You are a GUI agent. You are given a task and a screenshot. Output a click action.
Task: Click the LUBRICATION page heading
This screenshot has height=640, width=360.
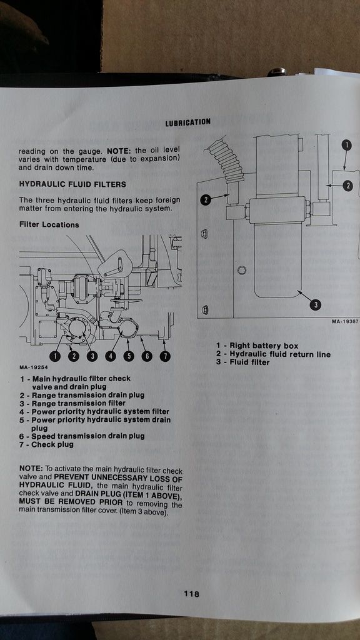click(x=187, y=122)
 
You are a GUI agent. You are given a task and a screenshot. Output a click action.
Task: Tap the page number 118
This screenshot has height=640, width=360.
click(x=191, y=594)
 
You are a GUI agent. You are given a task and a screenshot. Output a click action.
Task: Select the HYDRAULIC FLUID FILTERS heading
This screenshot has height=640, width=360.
click(x=72, y=184)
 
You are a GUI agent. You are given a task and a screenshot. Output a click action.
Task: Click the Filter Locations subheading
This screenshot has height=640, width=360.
click(x=49, y=224)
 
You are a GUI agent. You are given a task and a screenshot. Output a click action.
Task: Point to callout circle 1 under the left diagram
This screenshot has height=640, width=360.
click(x=55, y=356)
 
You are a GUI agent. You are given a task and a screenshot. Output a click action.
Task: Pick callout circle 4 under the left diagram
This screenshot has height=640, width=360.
click(x=111, y=356)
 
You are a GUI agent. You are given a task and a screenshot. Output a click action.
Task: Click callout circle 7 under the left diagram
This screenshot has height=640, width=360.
click(x=166, y=356)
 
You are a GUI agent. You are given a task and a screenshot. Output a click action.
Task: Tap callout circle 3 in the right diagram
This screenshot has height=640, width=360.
click(x=316, y=304)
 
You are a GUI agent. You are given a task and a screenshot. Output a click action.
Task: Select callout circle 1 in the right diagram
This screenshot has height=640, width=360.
click(x=346, y=144)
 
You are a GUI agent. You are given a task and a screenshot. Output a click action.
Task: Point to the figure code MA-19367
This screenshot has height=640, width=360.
click(x=345, y=322)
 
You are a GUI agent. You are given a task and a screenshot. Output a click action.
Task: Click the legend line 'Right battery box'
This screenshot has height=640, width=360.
click(x=257, y=346)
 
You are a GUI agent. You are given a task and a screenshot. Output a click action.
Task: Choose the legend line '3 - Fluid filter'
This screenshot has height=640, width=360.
click(x=242, y=362)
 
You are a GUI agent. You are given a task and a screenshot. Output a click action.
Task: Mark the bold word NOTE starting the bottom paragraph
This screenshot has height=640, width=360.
click(x=30, y=468)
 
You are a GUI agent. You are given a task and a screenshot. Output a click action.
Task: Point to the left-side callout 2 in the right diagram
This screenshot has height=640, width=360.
click(x=206, y=200)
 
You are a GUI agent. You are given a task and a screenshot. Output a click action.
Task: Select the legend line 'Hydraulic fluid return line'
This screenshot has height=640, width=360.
click(x=273, y=354)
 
